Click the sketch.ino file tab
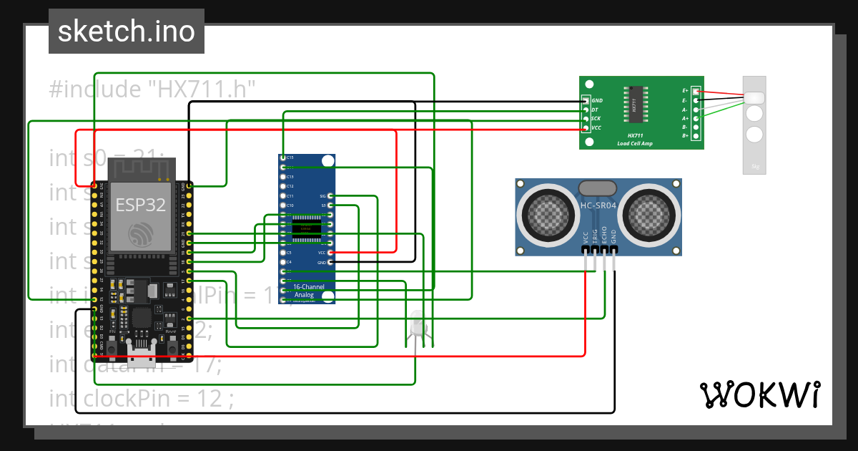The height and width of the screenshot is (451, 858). pos(127,31)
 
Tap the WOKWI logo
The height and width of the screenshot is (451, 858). pos(759,394)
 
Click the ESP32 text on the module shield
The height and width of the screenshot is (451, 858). pos(141,205)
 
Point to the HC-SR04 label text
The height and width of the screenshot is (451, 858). pos(598,205)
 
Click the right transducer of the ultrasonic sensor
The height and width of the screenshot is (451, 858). pos(649,213)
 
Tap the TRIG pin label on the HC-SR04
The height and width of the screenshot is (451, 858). pos(595,238)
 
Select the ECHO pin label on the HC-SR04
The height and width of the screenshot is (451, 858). pos(604,238)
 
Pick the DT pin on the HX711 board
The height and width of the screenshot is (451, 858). pos(586,110)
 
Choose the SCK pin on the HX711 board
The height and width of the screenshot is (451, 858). pos(586,119)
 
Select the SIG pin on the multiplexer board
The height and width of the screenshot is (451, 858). pos(330,195)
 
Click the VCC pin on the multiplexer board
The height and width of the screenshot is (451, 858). pos(330,253)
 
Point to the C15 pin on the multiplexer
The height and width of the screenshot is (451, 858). pos(284,157)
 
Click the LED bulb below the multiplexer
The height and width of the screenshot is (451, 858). pos(418,326)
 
